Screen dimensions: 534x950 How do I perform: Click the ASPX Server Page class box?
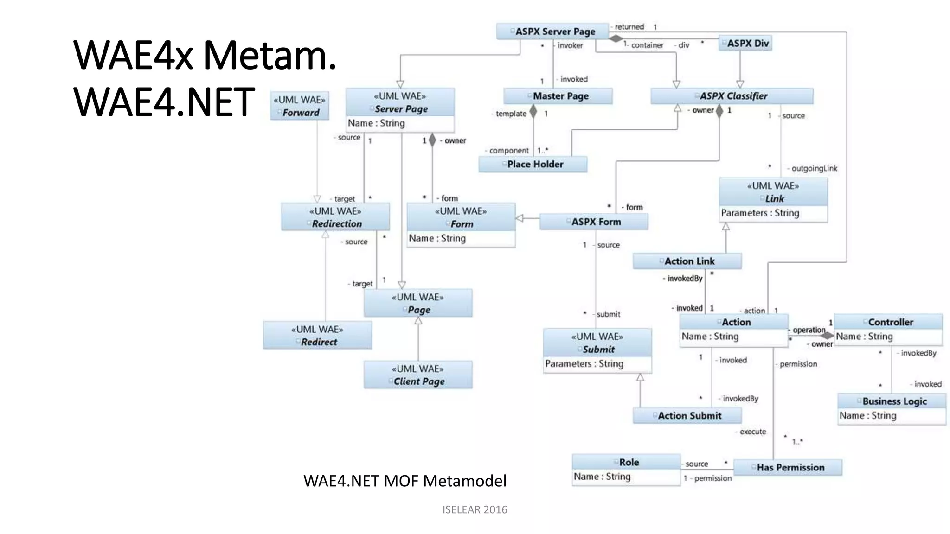point(552,32)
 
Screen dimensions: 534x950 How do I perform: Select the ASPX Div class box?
point(745,43)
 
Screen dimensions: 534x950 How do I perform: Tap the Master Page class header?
point(558,96)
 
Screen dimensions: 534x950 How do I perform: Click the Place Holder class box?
point(533,164)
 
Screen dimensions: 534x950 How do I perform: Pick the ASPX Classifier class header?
point(732,96)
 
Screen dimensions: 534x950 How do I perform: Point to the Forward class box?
point(300,106)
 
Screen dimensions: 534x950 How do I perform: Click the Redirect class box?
point(317,336)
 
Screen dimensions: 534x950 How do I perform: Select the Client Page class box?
point(418,375)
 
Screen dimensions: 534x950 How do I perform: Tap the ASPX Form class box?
point(594,222)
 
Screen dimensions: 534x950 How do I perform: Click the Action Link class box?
point(687,261)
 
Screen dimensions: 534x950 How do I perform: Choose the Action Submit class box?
point(687,415)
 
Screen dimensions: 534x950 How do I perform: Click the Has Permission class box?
point(788,467)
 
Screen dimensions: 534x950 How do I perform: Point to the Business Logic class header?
point(892,401)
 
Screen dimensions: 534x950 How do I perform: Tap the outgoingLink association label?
point(814,168)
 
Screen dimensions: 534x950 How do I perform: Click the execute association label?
point(752,432)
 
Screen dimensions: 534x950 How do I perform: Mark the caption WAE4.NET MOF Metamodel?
point(404,481)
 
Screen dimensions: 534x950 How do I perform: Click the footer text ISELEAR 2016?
point(475,509)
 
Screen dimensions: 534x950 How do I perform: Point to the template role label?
point(511,114)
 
